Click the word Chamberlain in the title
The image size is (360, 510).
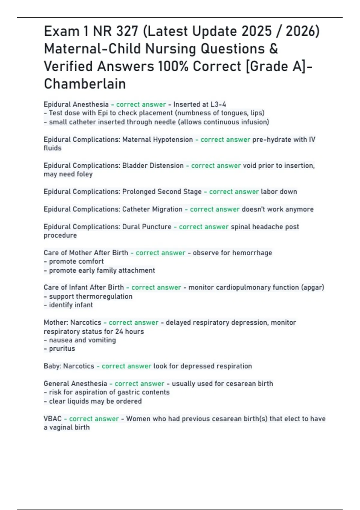[x=85, y=84]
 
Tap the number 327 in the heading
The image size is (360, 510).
[x=127, y=31]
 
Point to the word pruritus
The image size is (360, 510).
[x=62, y=349]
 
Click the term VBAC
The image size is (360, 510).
[x=53, y=419]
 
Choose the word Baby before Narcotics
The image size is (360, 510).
[x=52, y=366]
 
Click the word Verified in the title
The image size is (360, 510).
[x=68, y=66]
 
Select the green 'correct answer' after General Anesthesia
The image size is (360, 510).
[x=139, y=384]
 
